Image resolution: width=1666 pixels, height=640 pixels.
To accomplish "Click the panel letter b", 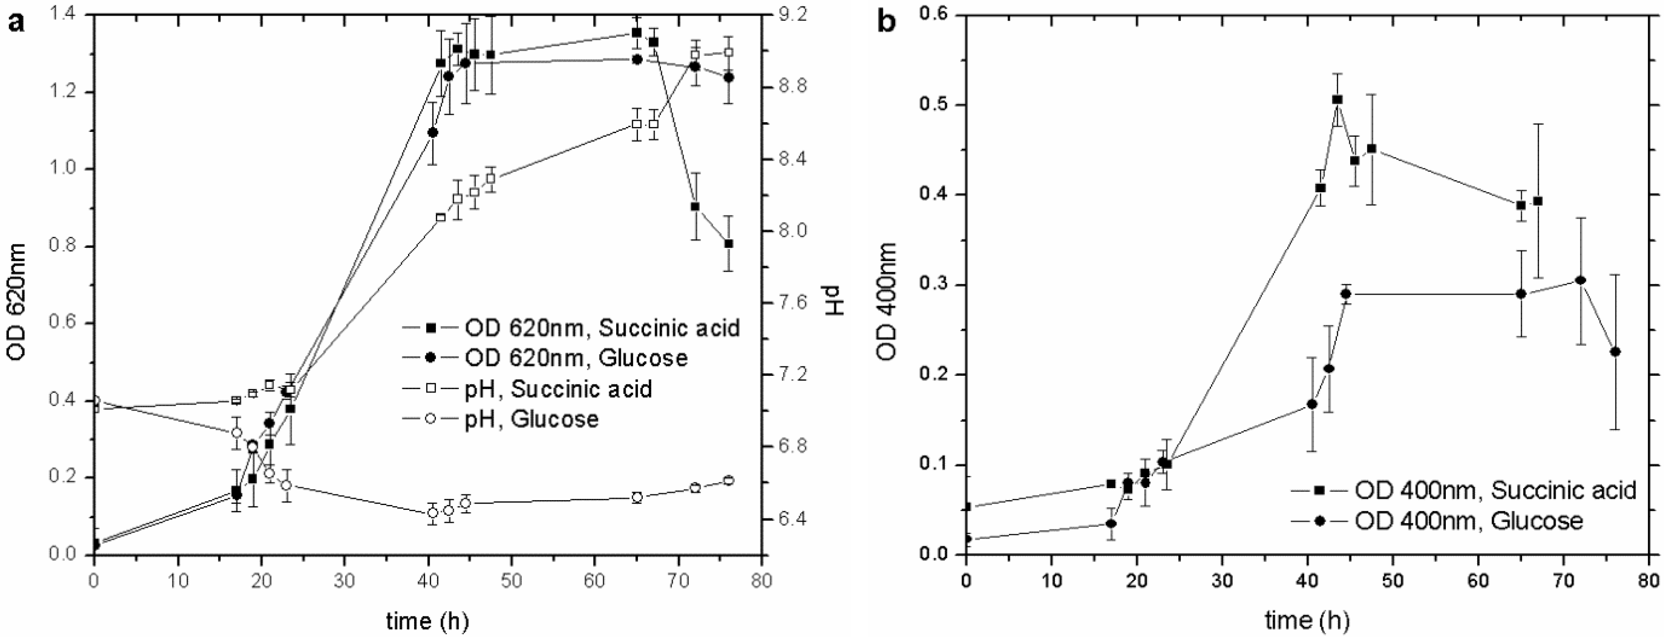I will [x=887, y=23].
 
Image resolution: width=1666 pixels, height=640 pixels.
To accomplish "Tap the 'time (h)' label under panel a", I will [x=427, y=621].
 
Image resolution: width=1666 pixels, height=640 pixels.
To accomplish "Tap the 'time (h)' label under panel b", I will [x=1307, y=621].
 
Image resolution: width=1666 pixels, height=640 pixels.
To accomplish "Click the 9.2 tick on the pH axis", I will [x=787, y=15].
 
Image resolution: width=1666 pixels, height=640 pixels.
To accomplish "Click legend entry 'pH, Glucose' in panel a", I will [x=554, y=420].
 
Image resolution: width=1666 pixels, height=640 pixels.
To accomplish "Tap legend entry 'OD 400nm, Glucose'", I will [x=1468, y=520].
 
